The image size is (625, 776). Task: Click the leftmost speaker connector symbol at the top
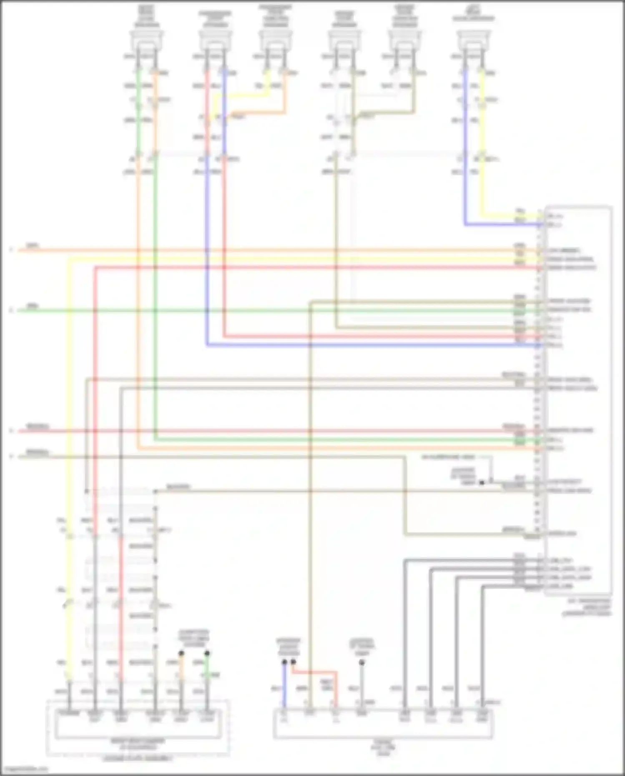[x=146, y=41]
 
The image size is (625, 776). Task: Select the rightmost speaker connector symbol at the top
[x=473, y=41]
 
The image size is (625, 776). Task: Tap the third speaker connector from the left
[x=276, y=41]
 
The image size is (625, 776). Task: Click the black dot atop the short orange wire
[x=181, y=653]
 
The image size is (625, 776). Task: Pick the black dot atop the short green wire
[x=207, y=653]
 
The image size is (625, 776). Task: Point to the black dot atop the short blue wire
[x=284, y=662]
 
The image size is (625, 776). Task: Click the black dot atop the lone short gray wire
[x=362, y=662]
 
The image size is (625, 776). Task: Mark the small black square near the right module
[x=482, y=482]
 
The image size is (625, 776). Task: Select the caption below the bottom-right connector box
[x=383, y=748]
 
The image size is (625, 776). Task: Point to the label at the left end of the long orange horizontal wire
[x=33, y=246]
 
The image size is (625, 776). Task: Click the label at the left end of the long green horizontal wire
[x=33, y=306]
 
